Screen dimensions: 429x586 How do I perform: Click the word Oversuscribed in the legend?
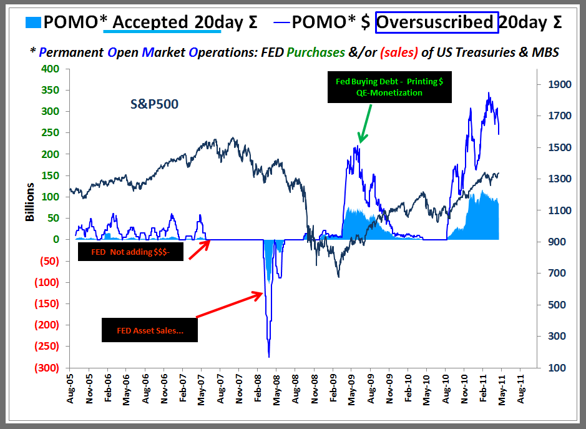click(434, 22)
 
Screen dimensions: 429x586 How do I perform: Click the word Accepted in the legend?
click(150, 22)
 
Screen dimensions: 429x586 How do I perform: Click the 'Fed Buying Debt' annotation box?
click(390, 87)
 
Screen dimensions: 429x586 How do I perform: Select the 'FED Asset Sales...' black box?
click(149, 330)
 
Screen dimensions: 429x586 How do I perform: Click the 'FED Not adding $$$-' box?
click(130, 251)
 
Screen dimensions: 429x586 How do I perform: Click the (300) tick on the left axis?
click(48, 367)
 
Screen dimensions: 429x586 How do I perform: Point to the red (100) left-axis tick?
click(48, 282)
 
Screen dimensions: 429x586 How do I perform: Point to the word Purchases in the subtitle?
click(329, 52)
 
